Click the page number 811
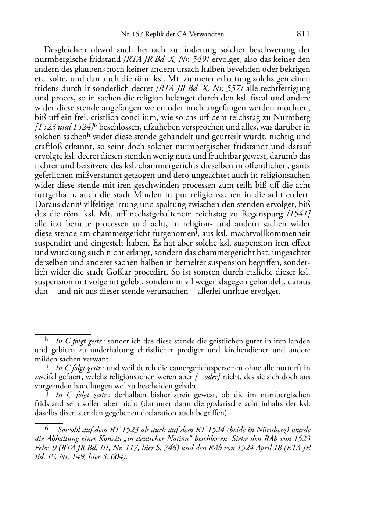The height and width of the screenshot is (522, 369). (303, 34)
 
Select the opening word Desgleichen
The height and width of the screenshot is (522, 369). (65, 50)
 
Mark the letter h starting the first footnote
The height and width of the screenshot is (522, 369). (47, 340)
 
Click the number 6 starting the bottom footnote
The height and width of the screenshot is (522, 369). (47, 428)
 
